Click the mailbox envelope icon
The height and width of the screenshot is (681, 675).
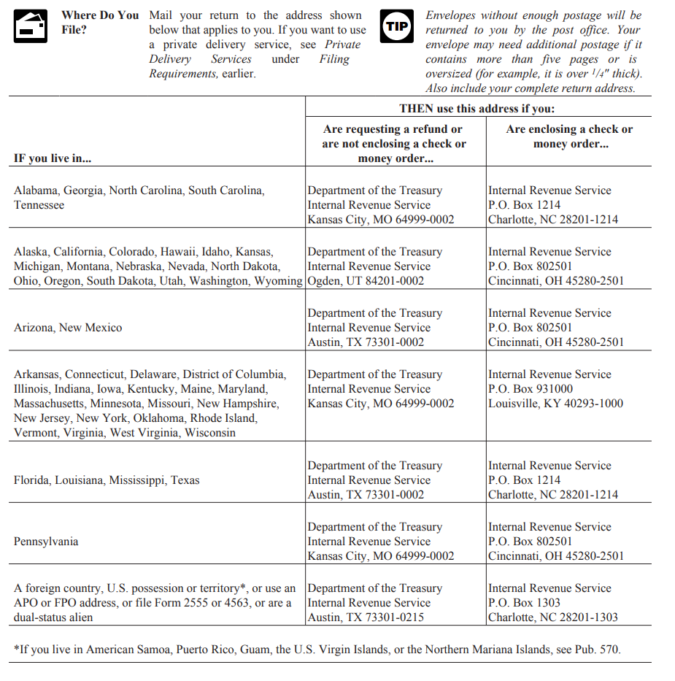tap(31, 26)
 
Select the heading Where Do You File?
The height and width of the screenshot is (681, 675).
tap(99, 23)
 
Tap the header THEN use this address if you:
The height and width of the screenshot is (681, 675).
tap(477, 109)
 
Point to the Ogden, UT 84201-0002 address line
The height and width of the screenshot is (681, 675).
tap(366, 281)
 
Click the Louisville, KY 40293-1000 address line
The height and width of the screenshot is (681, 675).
tap(555, 404)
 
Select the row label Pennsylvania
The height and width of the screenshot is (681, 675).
tap(46, 542)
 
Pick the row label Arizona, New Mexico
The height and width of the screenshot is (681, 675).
tap(68, 328)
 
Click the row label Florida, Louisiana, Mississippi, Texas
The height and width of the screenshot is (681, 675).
tap(107, 480)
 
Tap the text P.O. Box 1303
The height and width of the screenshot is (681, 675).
tap(524, 603)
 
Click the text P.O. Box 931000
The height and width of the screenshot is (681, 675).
tap(531, 389)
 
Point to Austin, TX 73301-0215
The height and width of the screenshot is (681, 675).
tap(366, 617)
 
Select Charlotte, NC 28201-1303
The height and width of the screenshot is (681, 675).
tap(552, 617)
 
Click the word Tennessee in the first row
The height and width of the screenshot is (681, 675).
tap(39, 205)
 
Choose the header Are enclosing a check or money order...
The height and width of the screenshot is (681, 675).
tap(569, 136)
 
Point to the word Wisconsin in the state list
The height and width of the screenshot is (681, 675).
tap(210, 433)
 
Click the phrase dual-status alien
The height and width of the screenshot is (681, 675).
tap(53, 617)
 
